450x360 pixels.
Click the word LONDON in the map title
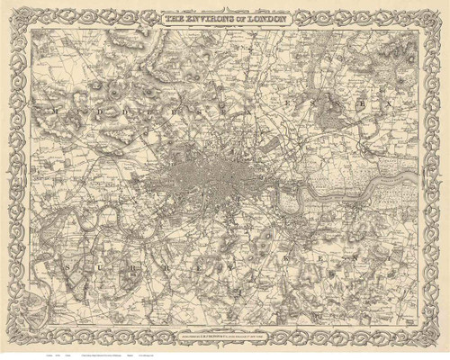[x=267, y=17]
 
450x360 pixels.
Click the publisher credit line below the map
[x=225, y=325]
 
